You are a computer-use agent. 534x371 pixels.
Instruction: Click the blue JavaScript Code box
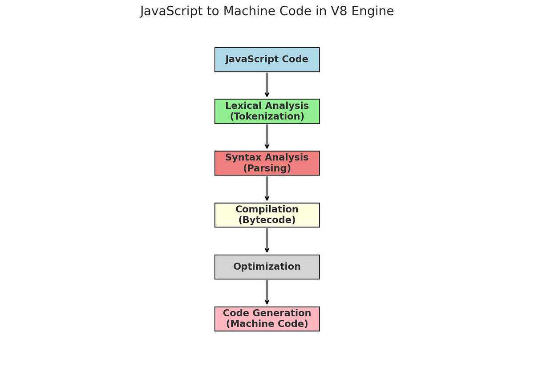[x=267, y=60]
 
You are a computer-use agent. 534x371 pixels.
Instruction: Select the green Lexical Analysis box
[x=267, y=111]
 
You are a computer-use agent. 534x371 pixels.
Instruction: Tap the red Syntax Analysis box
[x=267, y=163]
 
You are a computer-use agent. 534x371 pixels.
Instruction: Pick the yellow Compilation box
[x=267, y=215]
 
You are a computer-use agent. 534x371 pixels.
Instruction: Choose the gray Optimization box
[x=267, y=267]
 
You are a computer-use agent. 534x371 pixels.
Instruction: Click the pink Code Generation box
[x=267, y=319]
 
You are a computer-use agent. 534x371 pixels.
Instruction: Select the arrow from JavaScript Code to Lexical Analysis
[x=267, y=85]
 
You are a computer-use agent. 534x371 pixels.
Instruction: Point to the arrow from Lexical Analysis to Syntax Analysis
[x=267, y=137]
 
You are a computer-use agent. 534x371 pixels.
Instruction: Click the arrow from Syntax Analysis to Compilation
[x=267, y=189]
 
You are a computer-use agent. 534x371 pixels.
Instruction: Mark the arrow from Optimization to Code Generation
[x=267, y=292]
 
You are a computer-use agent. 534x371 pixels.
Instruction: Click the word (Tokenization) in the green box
[x=267, y=117]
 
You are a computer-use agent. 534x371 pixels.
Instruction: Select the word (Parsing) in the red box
[x=267, y=168]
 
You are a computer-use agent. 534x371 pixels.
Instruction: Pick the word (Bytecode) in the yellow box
[x=267, y=220]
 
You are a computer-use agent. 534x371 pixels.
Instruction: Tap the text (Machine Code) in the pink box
[x=267, y=324]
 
